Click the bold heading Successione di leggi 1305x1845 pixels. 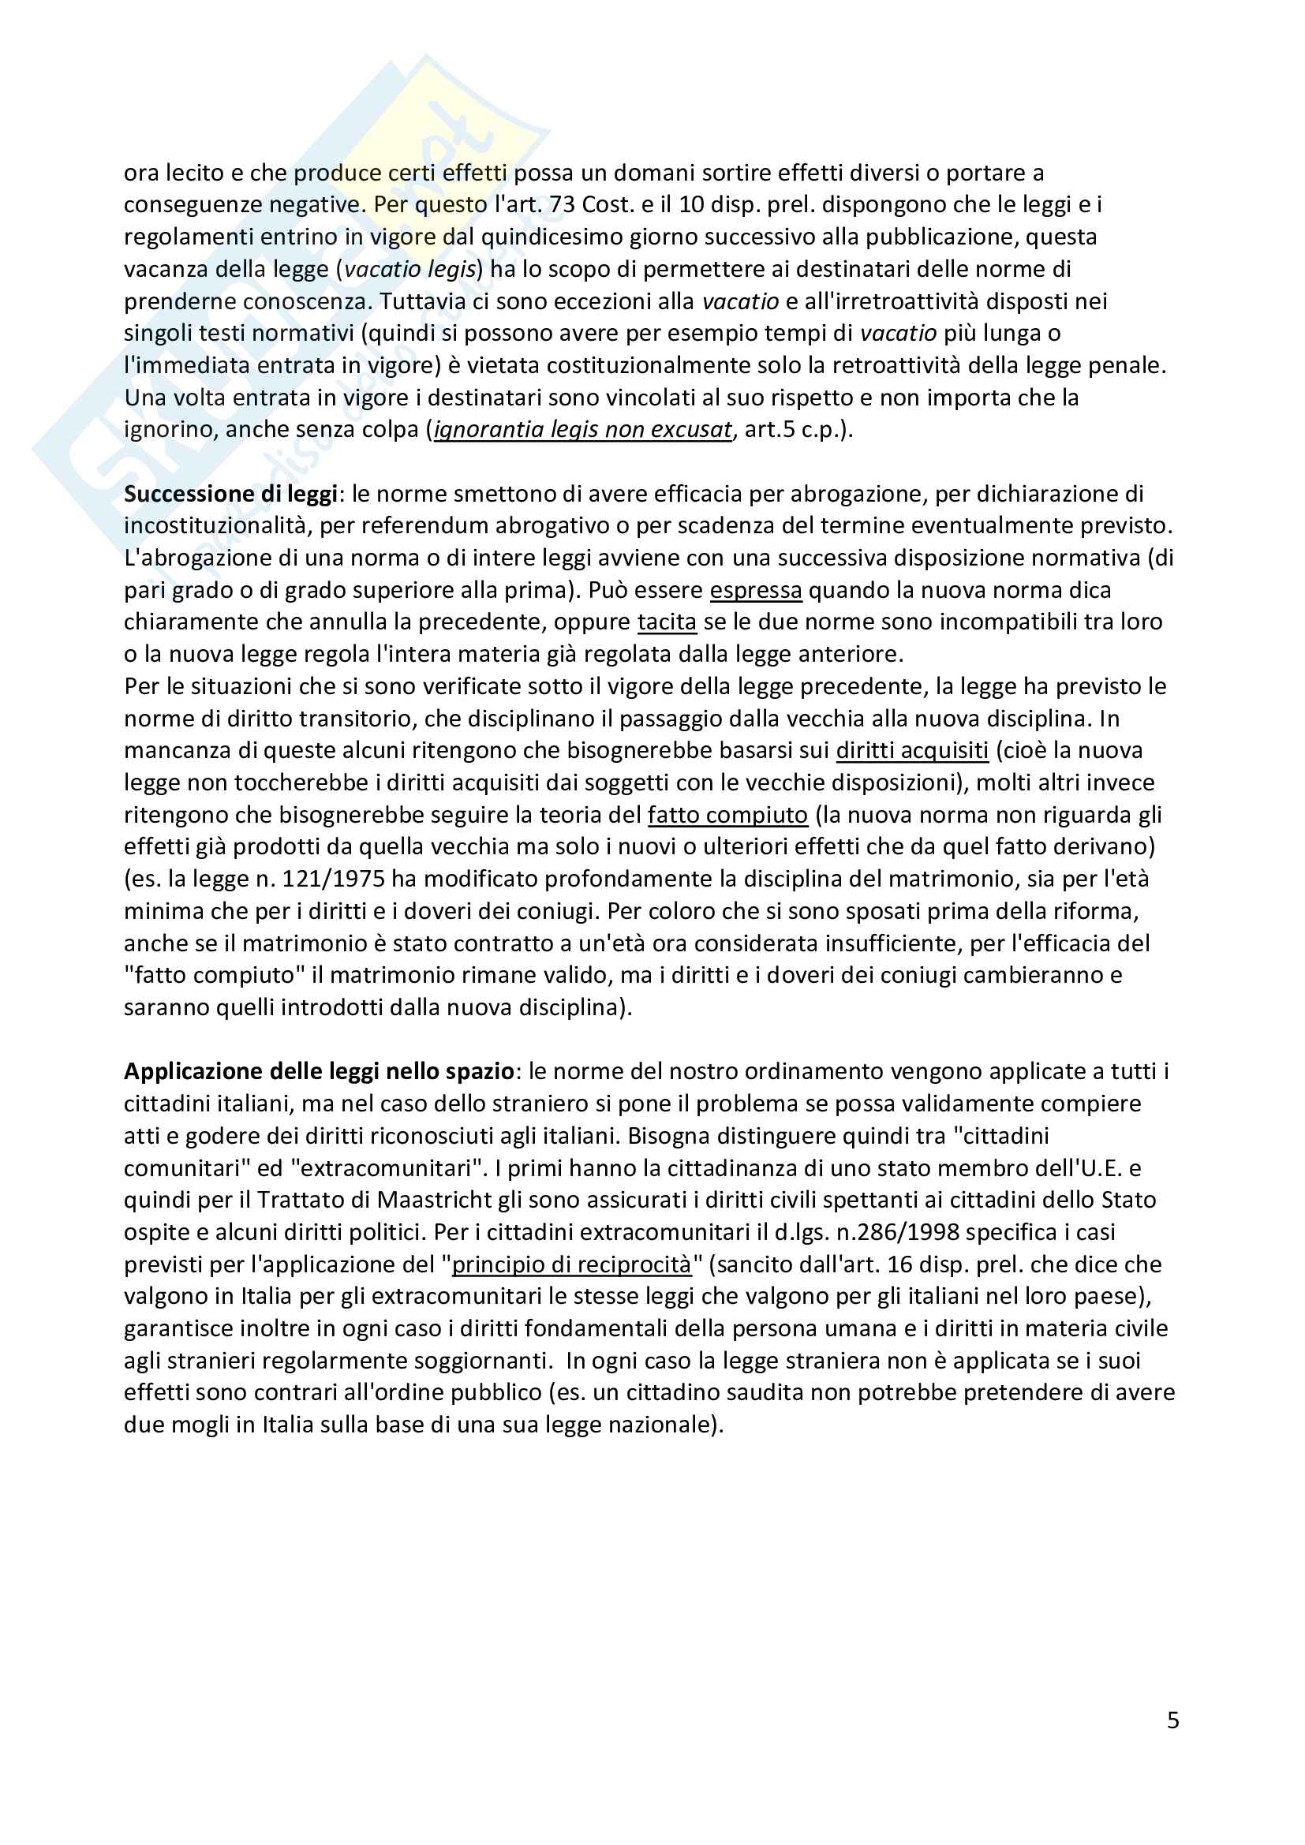pos(230,493)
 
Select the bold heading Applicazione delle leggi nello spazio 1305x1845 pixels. pos(319,1071)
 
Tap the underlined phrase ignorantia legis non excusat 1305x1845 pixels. pos(582,430)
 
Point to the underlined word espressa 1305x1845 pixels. pos(755,590)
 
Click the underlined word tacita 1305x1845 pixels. pos(666,622)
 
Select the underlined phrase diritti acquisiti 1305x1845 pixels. pos(912,750)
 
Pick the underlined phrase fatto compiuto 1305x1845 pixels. pos(727,815)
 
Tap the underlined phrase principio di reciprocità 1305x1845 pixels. pos(571,1264)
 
